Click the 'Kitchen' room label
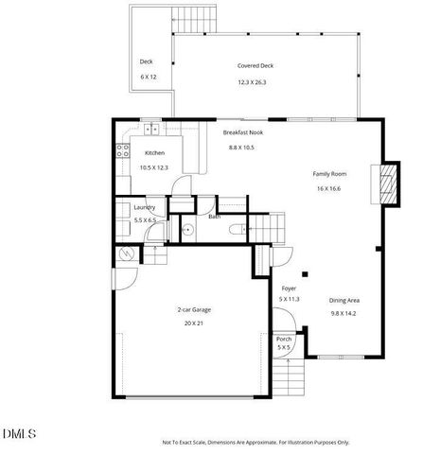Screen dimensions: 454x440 tap(155, 152)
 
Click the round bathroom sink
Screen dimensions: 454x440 tap(187, 229)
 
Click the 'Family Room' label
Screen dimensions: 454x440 tap(329, 173)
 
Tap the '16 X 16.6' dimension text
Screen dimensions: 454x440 tap(329, 188)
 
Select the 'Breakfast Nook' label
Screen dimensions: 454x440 tap(242, 133)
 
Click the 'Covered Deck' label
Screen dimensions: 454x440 tap(255, 66)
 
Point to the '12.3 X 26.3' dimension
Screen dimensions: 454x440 tap(253, 82)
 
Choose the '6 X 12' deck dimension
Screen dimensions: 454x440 tap(148, 76)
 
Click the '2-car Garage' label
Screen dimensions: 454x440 tap(193, 309)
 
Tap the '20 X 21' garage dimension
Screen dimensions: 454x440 tap(193, 323)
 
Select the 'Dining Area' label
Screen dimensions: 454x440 tap(343, 300)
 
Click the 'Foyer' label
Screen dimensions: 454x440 tap(289, 287)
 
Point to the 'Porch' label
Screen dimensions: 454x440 tap(283, 339)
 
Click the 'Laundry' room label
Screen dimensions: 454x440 tap(145, 207)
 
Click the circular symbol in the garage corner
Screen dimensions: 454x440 tap(127, 253)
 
